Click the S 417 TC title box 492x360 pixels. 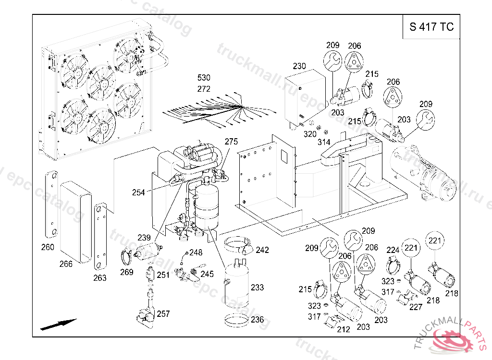tap(431, 27)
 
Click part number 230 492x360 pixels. tap(299, 66)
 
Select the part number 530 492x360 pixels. tap(204, 78)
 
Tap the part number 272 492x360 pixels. tap(204, 89)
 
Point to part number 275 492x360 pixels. tap(231, 142)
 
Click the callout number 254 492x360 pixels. tap(138, 192)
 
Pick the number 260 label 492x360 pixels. tap(48, 248)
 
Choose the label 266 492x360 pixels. tap(66, 264)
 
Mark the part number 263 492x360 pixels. tap(99, 278)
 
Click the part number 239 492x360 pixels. tap(144, 238)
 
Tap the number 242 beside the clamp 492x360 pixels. tap(262, 250)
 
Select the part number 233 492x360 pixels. tap(257, 288)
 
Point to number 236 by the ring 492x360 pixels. tap(257, 320)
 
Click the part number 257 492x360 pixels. tap(163, 314)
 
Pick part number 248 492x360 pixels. tap(196, 252)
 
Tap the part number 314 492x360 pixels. tap(324, 143)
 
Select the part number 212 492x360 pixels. tap(343, 329)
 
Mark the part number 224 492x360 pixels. tap(393, 250)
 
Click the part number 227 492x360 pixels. tap(416, 307)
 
